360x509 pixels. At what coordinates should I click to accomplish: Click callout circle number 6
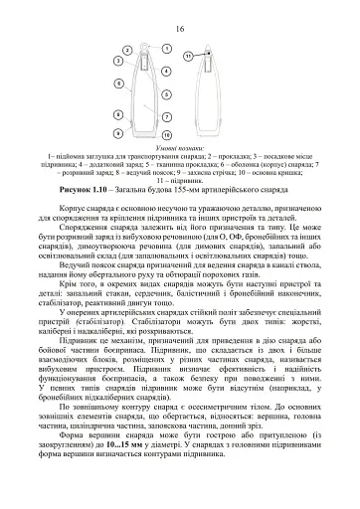point(165,117)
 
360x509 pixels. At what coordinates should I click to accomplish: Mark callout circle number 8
point(119,132)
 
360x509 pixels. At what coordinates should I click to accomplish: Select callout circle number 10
point(190,56)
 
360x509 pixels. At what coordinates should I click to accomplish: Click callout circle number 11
point(145,48)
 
